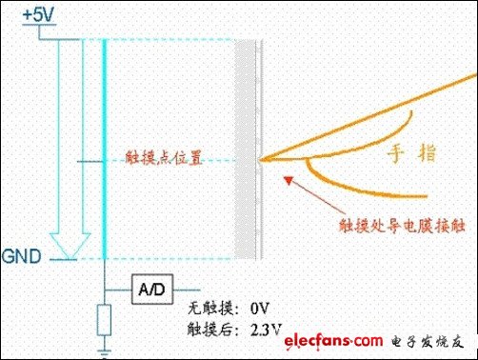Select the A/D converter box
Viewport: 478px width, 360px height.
coord(149,287)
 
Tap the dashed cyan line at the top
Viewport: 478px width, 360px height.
coord(171,39)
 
